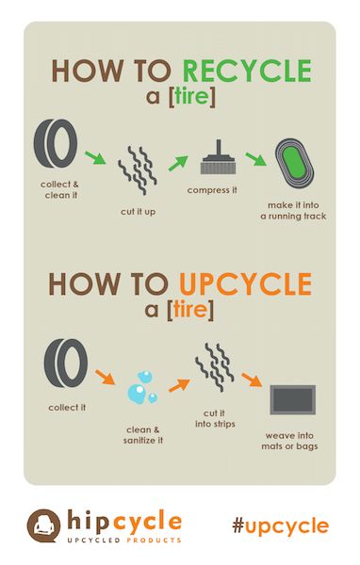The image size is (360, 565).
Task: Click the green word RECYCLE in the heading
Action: tap(247, 71)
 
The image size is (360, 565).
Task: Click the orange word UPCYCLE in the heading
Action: tap(245, 284)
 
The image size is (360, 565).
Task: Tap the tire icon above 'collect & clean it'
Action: tap(56, 144)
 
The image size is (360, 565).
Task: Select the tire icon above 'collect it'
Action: tap(66, 363)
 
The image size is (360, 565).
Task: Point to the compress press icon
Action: tap(219, 157)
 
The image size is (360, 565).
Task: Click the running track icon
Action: tap(294, 163)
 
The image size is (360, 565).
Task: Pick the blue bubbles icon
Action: tap(142, 387)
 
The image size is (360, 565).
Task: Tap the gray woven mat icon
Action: tap(292, 399)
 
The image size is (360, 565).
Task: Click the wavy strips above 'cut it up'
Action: tap(138, 170)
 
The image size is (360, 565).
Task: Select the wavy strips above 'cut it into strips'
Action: tap(215, 367)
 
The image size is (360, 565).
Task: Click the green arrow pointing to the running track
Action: tap(256, 159)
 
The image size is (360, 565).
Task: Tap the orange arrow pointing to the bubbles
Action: tap(105, 377)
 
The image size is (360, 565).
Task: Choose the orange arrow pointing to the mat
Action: tap(252, 379)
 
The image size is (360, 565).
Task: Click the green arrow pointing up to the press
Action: tap(178, 163)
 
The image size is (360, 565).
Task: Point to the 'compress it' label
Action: tap(212, 190)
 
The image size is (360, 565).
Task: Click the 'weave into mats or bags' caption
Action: tap(289, 441)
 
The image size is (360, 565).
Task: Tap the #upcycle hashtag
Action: tap(281, 526)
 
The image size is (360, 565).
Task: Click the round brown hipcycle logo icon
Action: tap(43, 525)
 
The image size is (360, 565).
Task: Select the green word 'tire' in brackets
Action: tap(191, 97)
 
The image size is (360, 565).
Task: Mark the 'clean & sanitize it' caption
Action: tap(143, 435)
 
